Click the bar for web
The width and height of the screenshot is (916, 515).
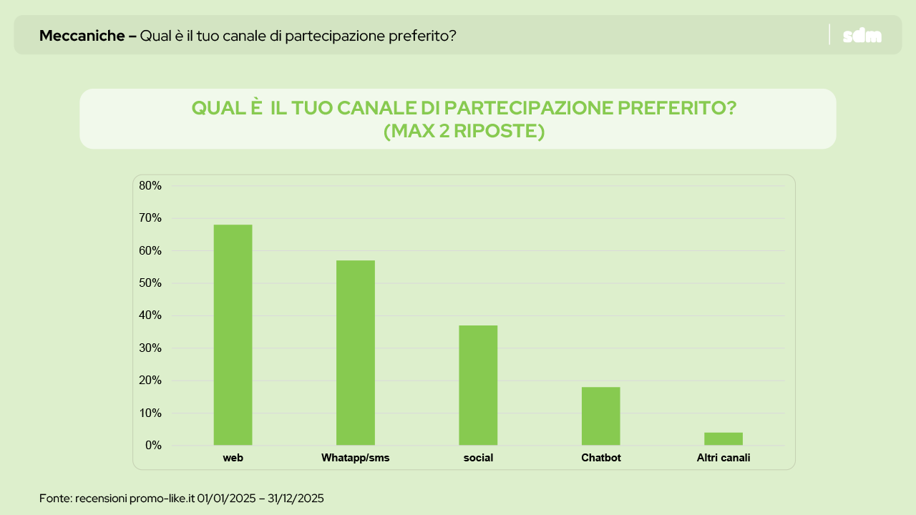tap(233, 335)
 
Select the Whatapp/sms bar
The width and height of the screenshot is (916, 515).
tap(356, 353)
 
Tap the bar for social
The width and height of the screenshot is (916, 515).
tap(478, 385)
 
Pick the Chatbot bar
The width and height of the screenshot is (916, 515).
tap(600, 416)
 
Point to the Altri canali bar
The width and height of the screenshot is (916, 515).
tap(723, 438)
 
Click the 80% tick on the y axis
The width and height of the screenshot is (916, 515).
tap(150, 186)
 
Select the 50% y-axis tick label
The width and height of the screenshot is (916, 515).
tap(150, 283)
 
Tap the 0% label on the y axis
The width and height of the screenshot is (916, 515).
tap(153, 446)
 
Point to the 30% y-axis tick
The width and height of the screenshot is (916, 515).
tap(150, 348)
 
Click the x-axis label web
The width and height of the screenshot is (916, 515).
tap(233, 458)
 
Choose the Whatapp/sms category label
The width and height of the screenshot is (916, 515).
tap(356, 458)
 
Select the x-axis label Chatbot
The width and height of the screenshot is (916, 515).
tap(601, 458)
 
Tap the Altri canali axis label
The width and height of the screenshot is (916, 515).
tap(723, 458)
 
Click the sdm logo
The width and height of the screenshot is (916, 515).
tap(862, 35)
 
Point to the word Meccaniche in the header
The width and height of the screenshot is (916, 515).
tap(82, 35)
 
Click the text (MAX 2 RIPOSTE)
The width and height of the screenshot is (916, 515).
tap(464, 132)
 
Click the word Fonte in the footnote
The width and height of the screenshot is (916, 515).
tap(54, 498)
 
